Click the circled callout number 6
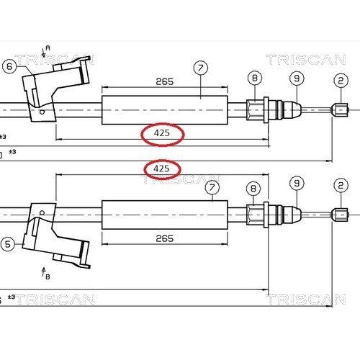point(9,66)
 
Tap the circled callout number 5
point(8,244)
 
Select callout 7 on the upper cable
point(201,68)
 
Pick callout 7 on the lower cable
point(212,187)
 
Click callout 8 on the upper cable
point(255,78)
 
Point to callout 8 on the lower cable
point(253,189)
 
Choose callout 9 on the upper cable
point(297,78)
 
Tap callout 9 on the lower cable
point(297,184)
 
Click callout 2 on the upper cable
point(341,81)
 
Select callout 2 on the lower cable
point(341,186)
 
